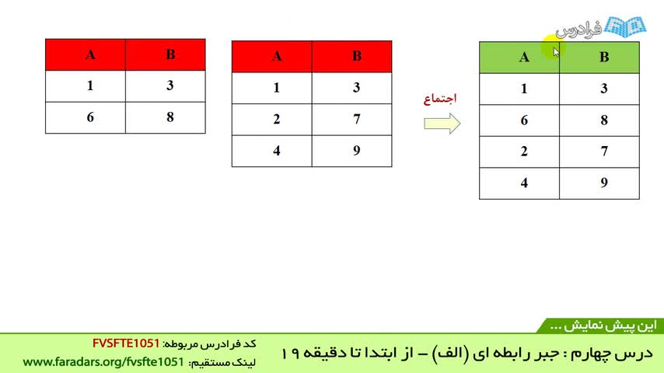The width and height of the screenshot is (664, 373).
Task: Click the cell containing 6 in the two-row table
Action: tap(86, 117)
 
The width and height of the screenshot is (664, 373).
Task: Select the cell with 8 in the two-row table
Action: tap(166, 117)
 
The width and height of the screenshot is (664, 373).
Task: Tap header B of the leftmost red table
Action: tap(166, 54)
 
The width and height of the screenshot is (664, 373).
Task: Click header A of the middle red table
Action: tap(272, 56)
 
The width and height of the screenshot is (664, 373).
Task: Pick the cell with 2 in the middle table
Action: tap(272, 120)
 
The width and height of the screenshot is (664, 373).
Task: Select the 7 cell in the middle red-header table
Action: tap(352, 120)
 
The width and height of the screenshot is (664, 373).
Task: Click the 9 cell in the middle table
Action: tap(352, 151)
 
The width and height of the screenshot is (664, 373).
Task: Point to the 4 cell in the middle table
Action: tap(272, 151)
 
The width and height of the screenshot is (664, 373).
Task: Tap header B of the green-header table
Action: tap(599, 58)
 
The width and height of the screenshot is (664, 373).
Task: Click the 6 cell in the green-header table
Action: tap(519, 120)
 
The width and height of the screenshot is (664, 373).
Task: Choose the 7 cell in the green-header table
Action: tap(599, 152)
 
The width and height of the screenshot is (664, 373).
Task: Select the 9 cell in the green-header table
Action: tap(599, 183)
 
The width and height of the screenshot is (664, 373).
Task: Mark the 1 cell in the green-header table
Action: tap(519, 89)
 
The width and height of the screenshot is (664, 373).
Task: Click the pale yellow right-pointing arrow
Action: tap(442, 124)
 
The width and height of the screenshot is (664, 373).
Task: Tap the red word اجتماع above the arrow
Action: tap(440, 99)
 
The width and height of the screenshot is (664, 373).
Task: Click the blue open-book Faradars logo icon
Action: tap(625, 27)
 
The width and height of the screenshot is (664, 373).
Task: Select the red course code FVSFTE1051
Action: tap(126, 343)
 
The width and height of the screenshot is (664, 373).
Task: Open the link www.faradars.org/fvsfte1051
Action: tap(103, 362)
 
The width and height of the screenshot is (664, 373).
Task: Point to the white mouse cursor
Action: tap(556, 52)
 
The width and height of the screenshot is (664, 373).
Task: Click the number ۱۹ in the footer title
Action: tap(290, 353)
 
